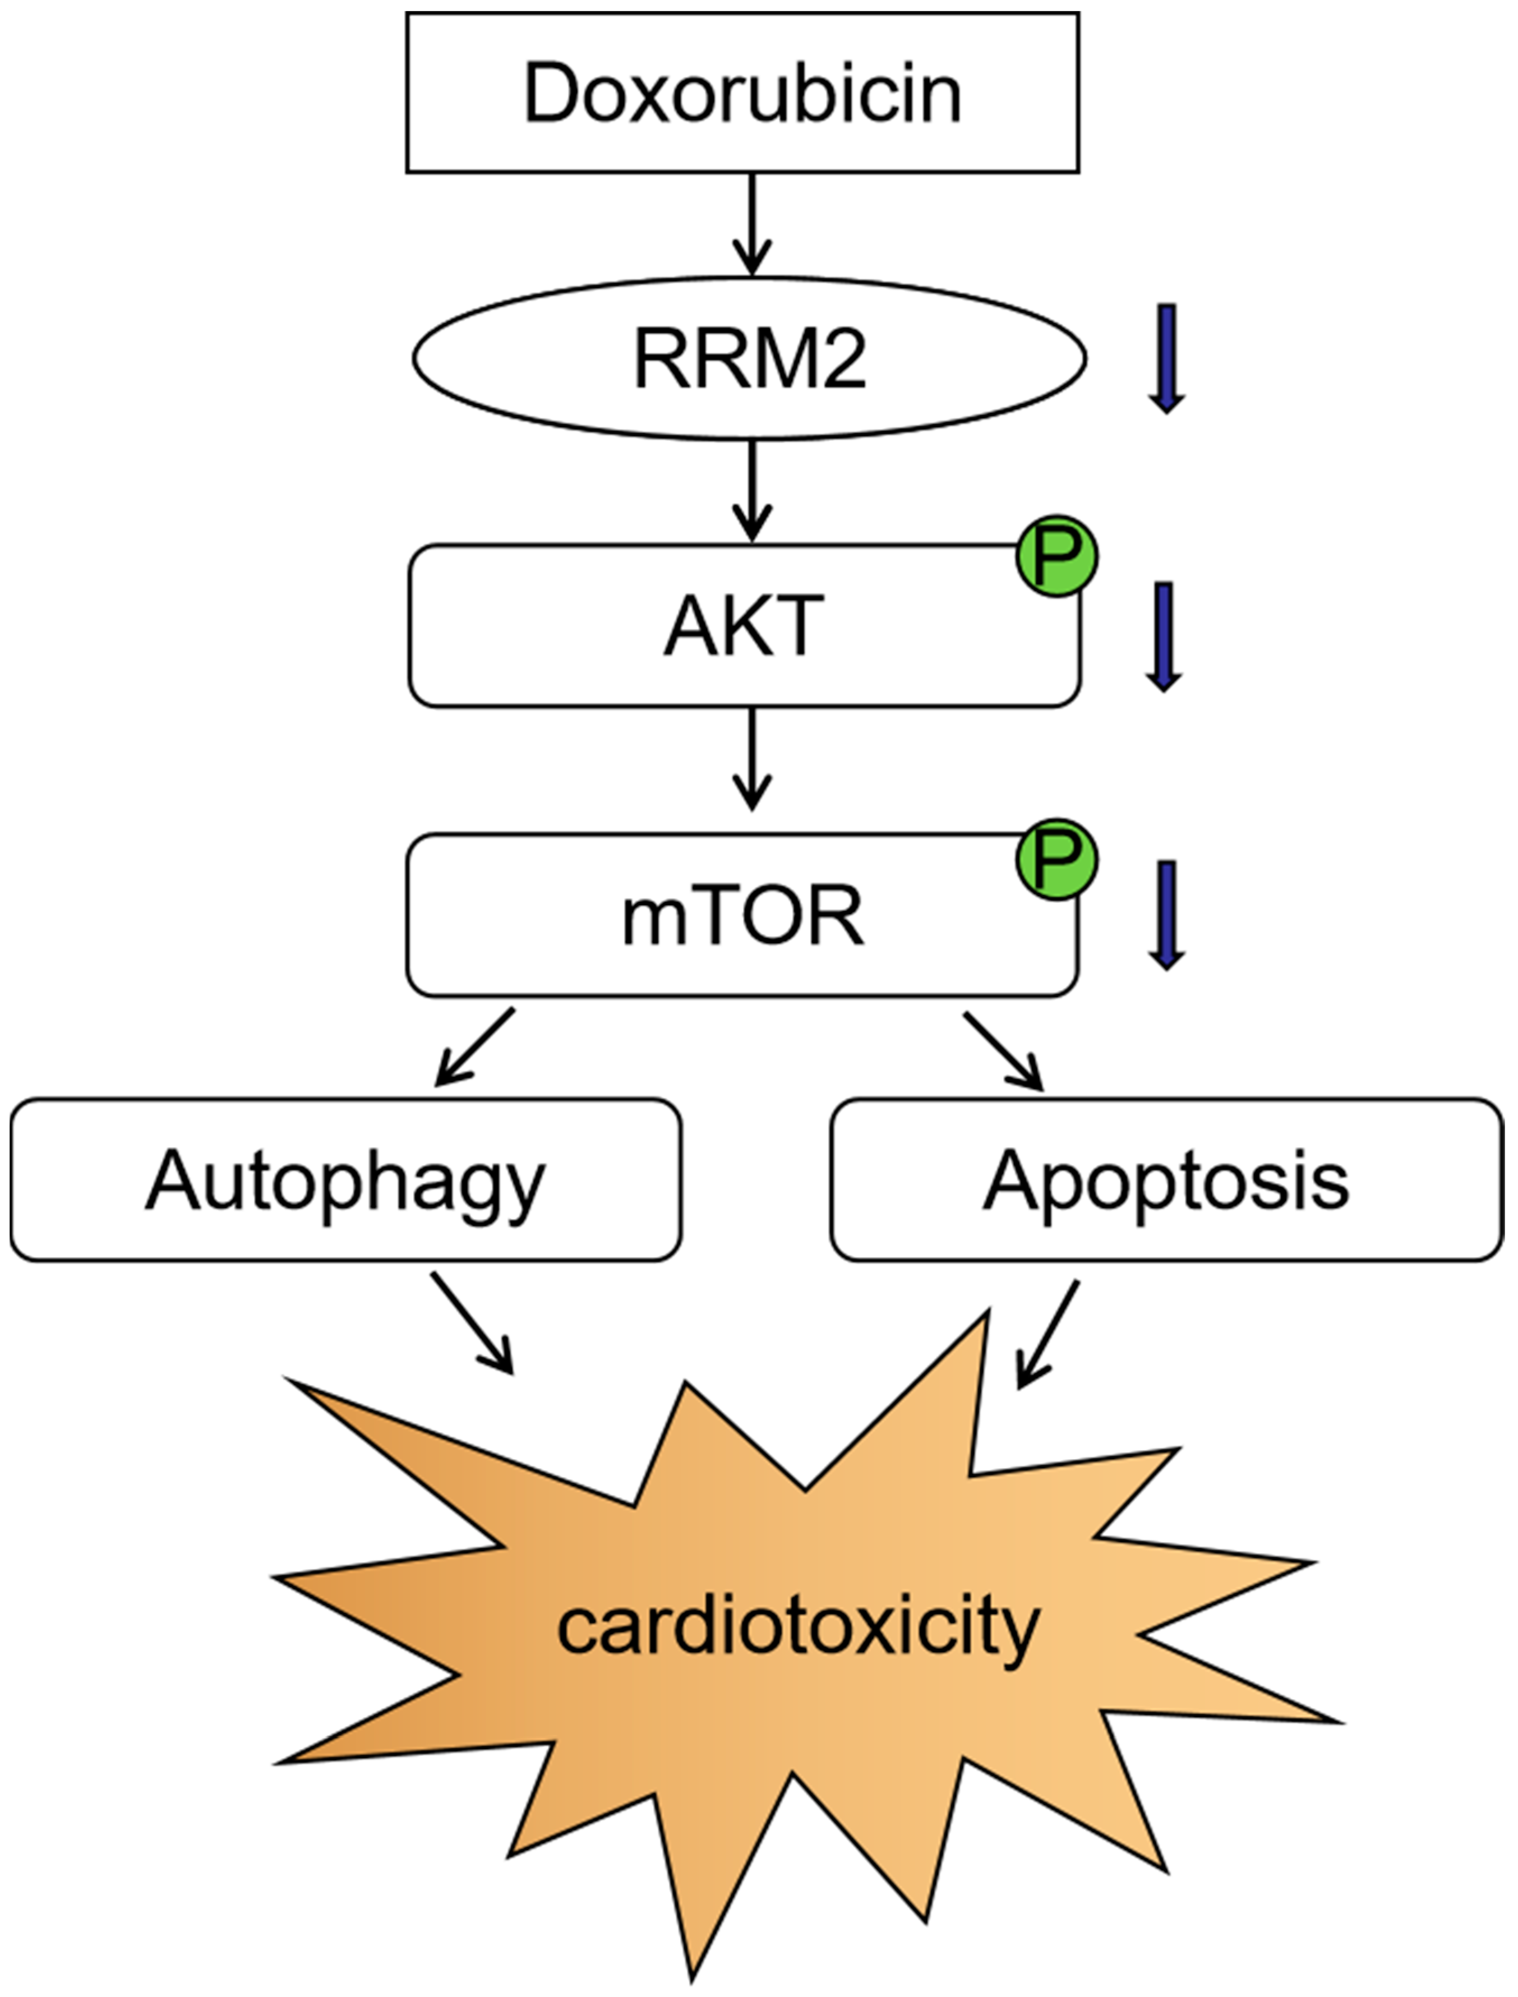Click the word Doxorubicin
(x=742, y=94)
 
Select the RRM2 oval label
(x=750, y=359)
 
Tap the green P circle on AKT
(x=1057, y=557)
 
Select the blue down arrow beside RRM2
(x=1166, y=358)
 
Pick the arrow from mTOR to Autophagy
(x=474, y=1048)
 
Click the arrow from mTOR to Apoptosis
(x=1004, y=1051)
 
